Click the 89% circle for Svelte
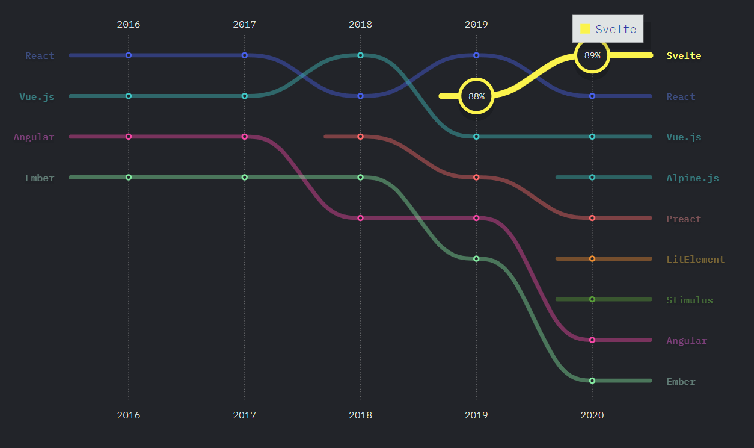click(592, 55)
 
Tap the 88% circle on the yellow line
click(476, 96)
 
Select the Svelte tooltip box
click(608, 29)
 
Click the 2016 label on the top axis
click(129, 25)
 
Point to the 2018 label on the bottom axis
click(360, 415)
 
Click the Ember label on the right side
click(681, 381)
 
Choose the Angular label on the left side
click(34, 137)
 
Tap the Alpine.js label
click(692, 178)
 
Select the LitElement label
click(695, 260)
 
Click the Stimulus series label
click(689, 300)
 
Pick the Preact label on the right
click(684, 219)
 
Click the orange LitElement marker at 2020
click(592, 258)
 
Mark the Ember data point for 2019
click(476, 258)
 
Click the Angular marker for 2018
click(360, 218)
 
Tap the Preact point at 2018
click(360, 137)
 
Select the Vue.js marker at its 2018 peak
click(360, 55)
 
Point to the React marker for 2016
click(129, 55)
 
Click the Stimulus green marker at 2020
click(592, 299)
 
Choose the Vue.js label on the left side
click(37, 96)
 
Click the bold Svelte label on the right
click(684, 56)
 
